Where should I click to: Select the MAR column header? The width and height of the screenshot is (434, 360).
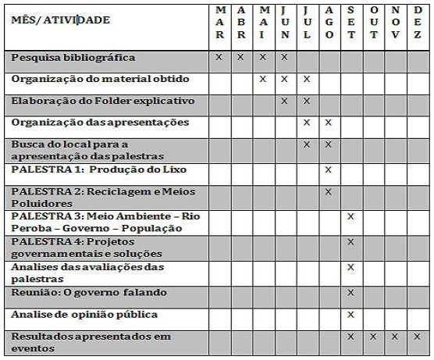219,23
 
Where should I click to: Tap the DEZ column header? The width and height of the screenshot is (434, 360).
418,23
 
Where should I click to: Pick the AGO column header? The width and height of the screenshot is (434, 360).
329,23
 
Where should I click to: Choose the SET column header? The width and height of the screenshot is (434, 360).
351,23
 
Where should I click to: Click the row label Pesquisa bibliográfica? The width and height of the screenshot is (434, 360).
73,58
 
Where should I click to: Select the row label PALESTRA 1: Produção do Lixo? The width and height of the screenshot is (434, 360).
99,169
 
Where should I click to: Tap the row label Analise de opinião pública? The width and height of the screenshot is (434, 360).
84,315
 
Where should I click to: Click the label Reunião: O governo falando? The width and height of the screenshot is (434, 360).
89,293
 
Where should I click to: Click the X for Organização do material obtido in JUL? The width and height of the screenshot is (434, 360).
307,79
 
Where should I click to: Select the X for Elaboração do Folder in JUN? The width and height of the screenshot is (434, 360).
284,101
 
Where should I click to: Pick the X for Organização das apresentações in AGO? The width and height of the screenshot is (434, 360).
329,123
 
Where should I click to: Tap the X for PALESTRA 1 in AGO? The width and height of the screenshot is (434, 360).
329,169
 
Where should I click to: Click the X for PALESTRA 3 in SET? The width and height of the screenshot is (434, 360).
351,216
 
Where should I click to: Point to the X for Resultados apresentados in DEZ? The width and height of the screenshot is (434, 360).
418,337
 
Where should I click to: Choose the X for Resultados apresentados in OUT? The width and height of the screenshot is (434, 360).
374,337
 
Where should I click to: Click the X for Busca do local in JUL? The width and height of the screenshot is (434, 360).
307,144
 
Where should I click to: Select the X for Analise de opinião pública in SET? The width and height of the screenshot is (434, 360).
351,315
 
